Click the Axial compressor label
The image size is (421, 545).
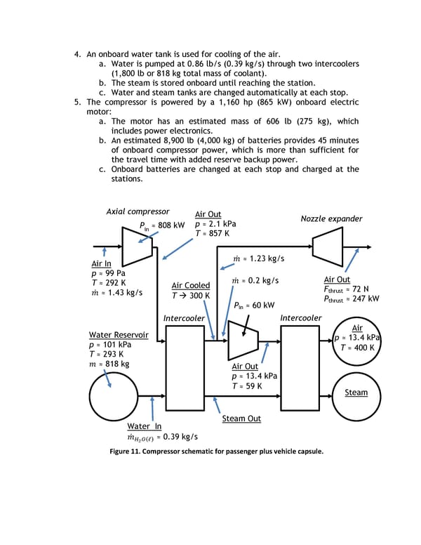[x=138, y=211]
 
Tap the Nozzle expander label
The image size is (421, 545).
[x=331, y=218]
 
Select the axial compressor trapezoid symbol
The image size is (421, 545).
[x=133, y=247]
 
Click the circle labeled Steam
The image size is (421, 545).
[x=356, y=393]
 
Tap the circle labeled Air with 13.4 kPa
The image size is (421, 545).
[x=356, y=338]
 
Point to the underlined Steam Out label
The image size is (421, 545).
[x=241, y=419]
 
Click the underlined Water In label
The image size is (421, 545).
[x=144, y=426]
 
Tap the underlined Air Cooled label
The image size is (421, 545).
[x=191, y=285]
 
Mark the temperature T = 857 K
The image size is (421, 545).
[x=212, y=234]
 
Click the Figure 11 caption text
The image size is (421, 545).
[x=210, y=451]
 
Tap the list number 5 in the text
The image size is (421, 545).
[x=78, y=101]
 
